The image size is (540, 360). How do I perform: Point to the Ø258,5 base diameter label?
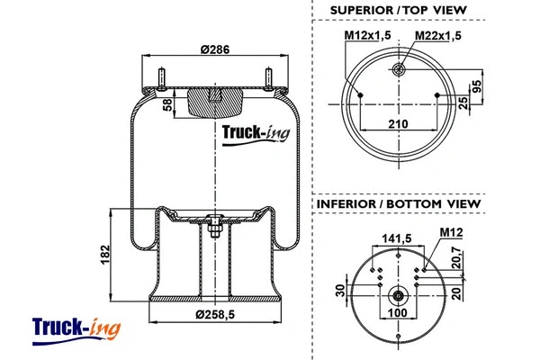215,314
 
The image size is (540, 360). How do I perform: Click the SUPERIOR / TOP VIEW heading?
398,10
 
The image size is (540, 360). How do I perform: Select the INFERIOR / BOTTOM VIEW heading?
398,204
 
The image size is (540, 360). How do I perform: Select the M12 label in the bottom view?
449,234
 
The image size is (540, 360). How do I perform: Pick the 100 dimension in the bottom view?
397,313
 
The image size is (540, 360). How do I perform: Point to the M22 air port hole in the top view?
399,71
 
